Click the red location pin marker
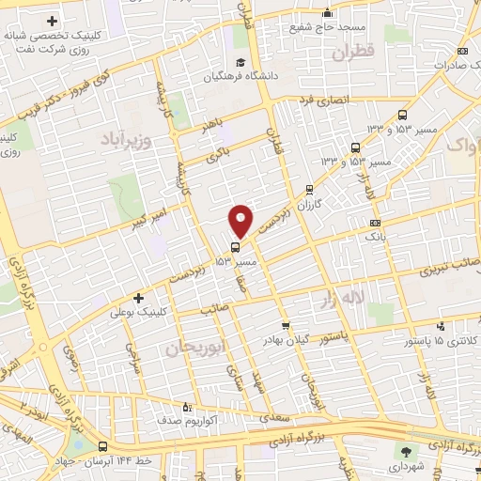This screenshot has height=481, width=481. pyautogui.click(x=240, y=220)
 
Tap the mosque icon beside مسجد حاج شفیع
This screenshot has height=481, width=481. pyautogui.click(x=327, y=13)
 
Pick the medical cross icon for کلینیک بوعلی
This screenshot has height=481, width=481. pyautogui.click(x=139, y=297)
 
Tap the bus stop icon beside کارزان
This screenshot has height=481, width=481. pyautogui.click(x=310, y=188)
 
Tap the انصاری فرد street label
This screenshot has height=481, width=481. pyautogui.click(x=322, y=99)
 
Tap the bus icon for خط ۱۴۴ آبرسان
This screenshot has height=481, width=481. pyautogui.click(x=101, y=447)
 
